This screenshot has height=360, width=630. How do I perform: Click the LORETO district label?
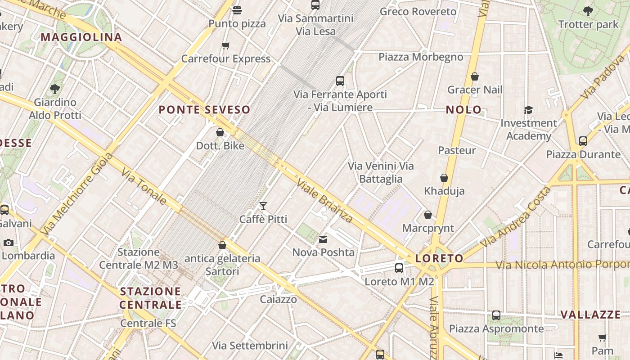pyautogui.click(x=439, y=258)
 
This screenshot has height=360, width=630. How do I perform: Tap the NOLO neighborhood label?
pyautogui.click(x=463, y=109)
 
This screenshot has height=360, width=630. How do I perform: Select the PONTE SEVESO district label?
pyautogui.click(x=204, y=109)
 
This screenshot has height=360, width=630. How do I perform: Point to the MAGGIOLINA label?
pyautogui.click(x=81, y=37)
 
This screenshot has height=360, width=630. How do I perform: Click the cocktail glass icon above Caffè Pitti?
pyautogui.click(x=263, y=206)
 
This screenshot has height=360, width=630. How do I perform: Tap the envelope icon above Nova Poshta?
pyautogui.click(x=323, y=239)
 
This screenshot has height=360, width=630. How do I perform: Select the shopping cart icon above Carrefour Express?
pyautogui.click(x=226, y=45)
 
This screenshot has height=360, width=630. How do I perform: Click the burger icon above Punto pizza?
pyautogui.click(x=237, y=10)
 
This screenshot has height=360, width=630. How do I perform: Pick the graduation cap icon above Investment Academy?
pyautogui.click(x=528, y=110)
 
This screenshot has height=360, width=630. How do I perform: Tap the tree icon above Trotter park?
pyautogui.click(x=588, y=11)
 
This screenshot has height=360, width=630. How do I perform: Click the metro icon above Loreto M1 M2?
pyautogui.click(x=399, y=268)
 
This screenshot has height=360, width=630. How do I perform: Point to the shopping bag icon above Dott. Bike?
pyautogui.click(x=220, y=132)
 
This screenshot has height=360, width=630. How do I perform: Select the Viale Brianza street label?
pyautogui.click(x=324, y=200)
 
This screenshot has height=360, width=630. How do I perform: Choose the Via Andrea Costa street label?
pyautogui.click(x=515, y=216)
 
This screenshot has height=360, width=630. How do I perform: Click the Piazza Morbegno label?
pyautogui.click(x=420, y=57)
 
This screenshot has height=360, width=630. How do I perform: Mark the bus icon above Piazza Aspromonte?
pyautogui.click(x=496, y=315)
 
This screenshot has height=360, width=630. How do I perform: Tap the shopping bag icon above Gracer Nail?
pyautogui.click(x=474, y=76)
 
